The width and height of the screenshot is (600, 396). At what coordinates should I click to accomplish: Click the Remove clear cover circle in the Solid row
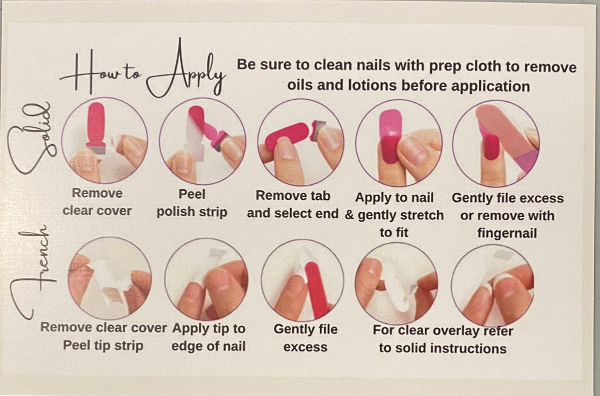104,140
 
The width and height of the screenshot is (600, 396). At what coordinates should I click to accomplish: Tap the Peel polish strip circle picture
202,141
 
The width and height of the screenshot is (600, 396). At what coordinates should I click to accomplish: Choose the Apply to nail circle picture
398,143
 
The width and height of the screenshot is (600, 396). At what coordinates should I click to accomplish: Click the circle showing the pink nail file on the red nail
496,144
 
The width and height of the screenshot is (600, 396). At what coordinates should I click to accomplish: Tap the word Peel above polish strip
192,194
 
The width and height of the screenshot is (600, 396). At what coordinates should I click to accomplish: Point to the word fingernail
507,233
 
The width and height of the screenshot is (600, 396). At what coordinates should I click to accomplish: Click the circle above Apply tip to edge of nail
206,279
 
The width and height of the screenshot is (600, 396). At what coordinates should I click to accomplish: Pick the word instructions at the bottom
469,348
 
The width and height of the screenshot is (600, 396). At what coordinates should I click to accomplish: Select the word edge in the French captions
185,346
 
